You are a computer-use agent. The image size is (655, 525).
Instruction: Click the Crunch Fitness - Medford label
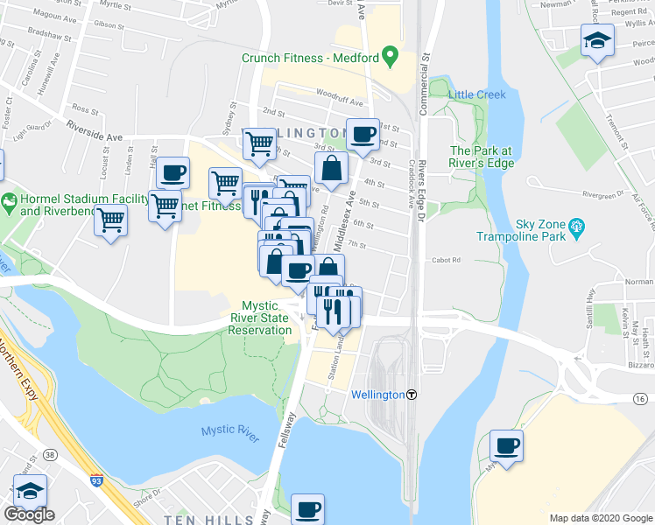click(x=310, y=59)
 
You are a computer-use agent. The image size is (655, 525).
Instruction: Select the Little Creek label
click(x=477, y=94)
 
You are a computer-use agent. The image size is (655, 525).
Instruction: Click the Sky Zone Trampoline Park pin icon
click(x=576, y=229)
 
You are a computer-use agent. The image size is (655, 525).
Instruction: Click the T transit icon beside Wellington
click(x=412, y=395)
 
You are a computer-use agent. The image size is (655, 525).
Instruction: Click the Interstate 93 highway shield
click(x=95, y=480)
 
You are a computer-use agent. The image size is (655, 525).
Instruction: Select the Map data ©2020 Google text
click(x=600, y=518)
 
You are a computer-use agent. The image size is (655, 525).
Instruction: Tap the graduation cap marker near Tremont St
click(x=598, y=40)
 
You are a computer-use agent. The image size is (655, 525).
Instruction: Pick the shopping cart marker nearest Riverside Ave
click(x=258, y=143)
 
